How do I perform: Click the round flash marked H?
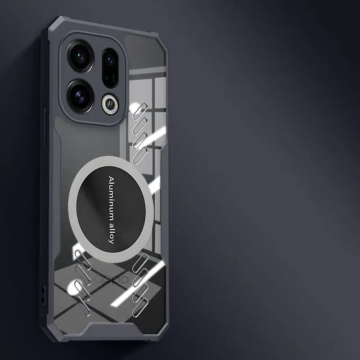pyautogui.click(x=109, y=104)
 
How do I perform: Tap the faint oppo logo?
pyautogui.click(x=112, y=279)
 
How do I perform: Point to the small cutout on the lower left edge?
pyautogui.click(x=42, y=295)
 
